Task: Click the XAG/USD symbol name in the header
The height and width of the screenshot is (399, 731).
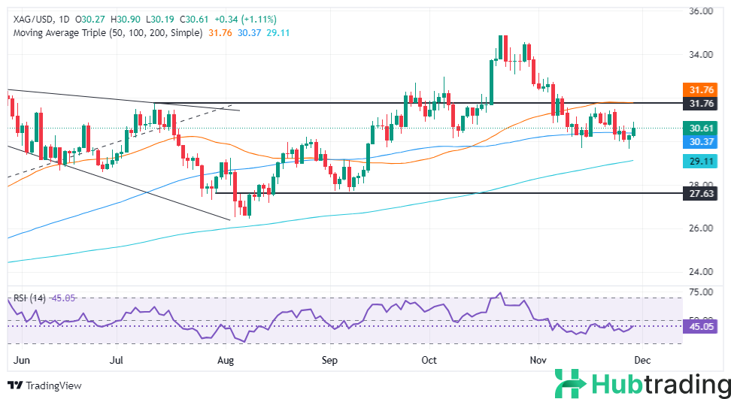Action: (x=28, y=19)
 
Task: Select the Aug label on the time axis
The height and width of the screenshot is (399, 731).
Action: (x=226, y=361)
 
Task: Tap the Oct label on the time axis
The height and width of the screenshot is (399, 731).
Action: (x=429, y=361)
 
